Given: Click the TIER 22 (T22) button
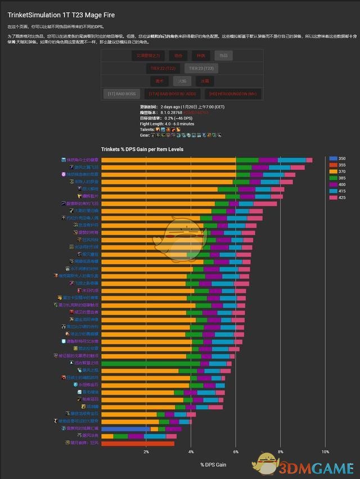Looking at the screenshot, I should pos(163,69).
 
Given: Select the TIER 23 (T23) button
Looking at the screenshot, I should pos(199,69).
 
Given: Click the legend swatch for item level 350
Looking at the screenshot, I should pos(333,159).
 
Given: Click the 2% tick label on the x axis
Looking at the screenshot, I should pos(146,452).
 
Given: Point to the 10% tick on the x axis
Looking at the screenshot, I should pos(325,452).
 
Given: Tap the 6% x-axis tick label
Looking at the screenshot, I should pos(236,452).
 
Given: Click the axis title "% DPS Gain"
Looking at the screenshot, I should pos(213,464).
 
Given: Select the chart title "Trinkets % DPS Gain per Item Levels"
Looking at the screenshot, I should pos(142,150).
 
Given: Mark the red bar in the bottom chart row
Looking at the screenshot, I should pos(138,443).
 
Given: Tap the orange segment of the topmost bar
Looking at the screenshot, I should pos(169,160).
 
